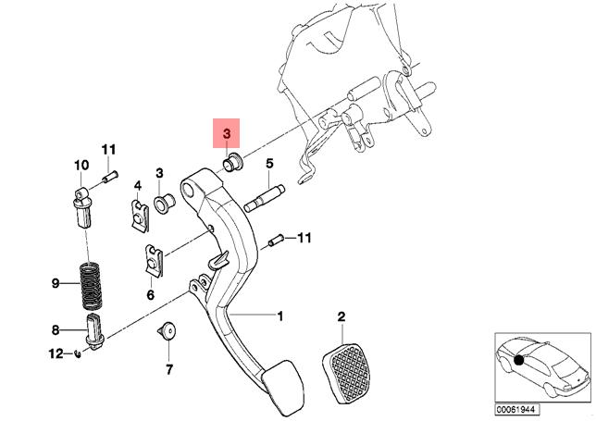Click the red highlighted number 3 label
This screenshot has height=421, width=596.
pos(227,133)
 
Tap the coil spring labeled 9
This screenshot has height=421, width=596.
pos(91,286)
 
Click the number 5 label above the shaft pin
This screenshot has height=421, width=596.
pos(269,164)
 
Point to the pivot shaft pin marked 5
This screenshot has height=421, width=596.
pos(264,198)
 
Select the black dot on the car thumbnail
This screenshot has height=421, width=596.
pos(519,360)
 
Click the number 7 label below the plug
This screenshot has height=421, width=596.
pos(169,369)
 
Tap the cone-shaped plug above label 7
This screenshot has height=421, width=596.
pos(168,329)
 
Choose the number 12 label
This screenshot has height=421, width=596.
pos(56,353)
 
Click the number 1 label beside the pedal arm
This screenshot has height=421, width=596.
pos(280,316)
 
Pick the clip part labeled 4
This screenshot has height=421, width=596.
pos(140,216)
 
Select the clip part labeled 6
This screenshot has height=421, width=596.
pos(154,260)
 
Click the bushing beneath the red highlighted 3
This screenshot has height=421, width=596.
pos(232,163)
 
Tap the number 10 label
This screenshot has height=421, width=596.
pos(81,166)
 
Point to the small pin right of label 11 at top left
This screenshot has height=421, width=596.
pos(110,177)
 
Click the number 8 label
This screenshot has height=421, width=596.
pos(56,330)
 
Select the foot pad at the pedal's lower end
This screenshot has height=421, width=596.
pos(282,388)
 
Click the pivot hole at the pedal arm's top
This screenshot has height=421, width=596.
pos(188,189)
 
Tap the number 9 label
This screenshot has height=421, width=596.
pos(56,283)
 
